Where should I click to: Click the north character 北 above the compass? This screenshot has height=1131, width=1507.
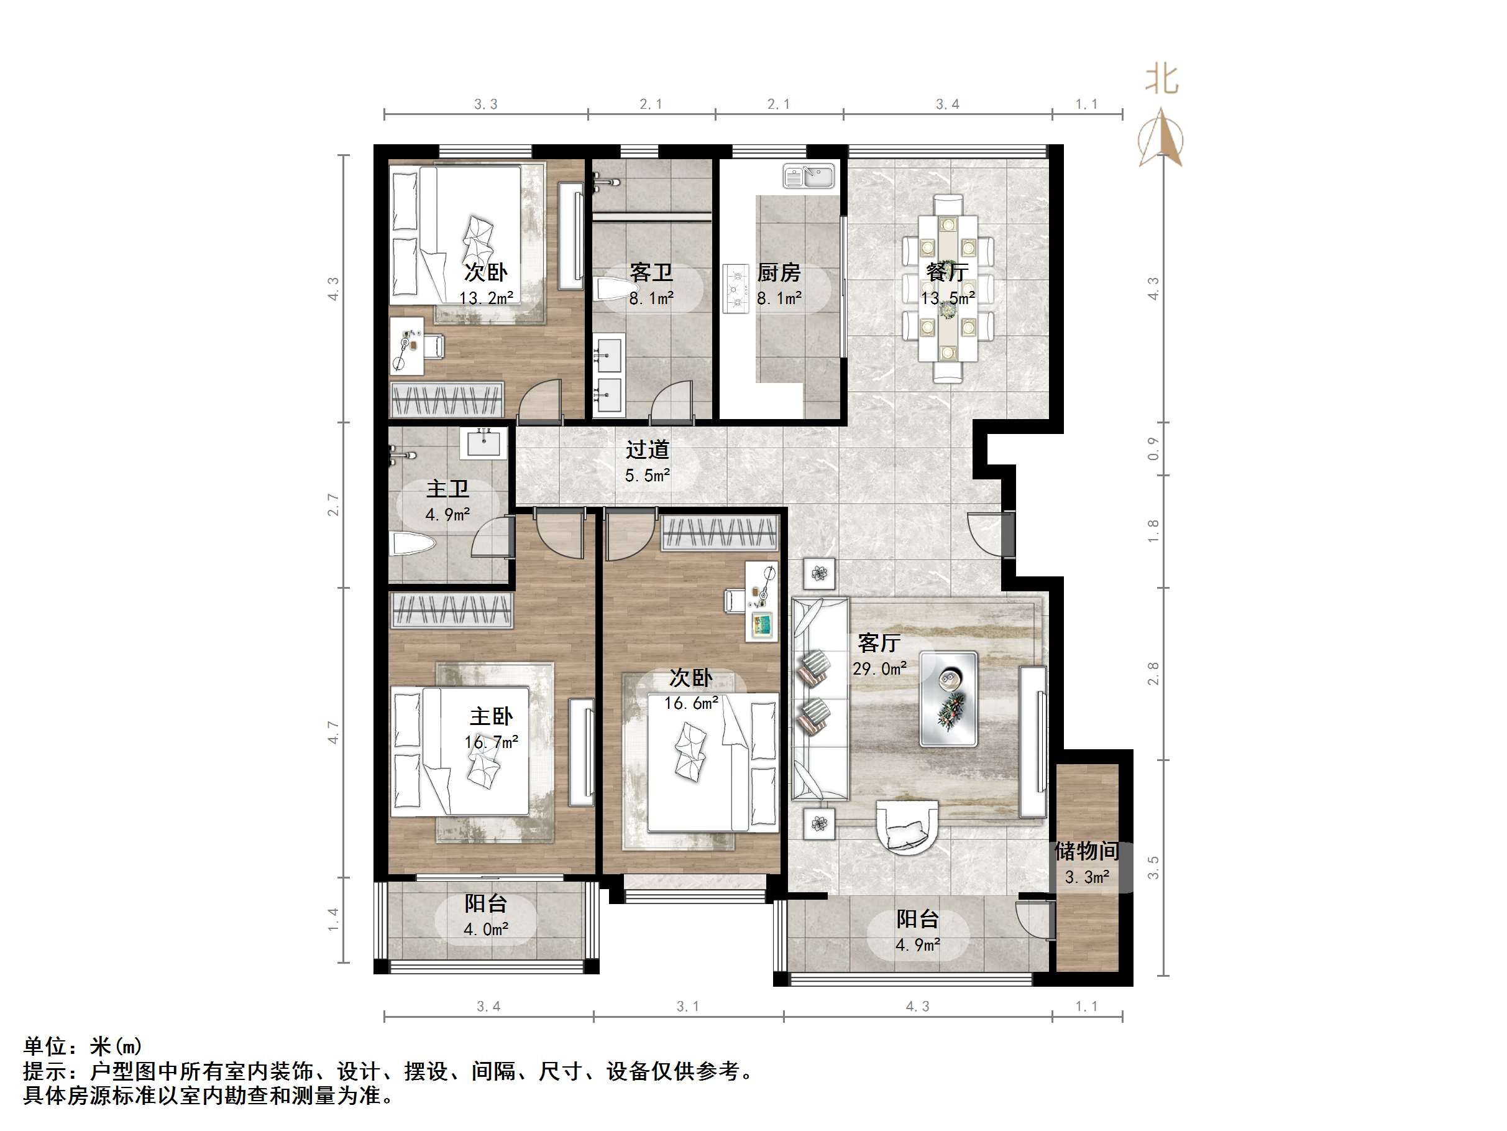[x=1161, y=80]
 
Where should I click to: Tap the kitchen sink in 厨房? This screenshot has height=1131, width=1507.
[x=808, y=177]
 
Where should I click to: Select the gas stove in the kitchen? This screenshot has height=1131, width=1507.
[x=735, y=289]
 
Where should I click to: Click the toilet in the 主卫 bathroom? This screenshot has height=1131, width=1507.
[x=413, y=544]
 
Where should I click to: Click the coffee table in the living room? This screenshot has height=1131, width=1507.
[x=948, y=699]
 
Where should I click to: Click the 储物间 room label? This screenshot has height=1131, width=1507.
[x=1087, y=851]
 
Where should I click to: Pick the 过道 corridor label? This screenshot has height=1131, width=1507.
[x=647, y=450]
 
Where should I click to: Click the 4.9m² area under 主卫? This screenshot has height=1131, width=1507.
[x=447, y=515]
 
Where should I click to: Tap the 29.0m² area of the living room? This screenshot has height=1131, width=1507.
[x=879, y=669]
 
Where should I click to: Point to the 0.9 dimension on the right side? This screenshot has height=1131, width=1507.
[x=1153, y=448]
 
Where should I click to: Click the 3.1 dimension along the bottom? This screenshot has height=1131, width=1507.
[x=687, y=1006]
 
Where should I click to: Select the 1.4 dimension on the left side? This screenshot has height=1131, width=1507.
[x=333, y=920]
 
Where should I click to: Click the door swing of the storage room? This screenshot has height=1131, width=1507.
[x=1033, y=920]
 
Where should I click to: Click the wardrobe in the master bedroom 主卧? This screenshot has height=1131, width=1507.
[x=451, y=610]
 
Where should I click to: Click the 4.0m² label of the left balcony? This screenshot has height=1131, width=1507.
[x=486, y=929]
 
